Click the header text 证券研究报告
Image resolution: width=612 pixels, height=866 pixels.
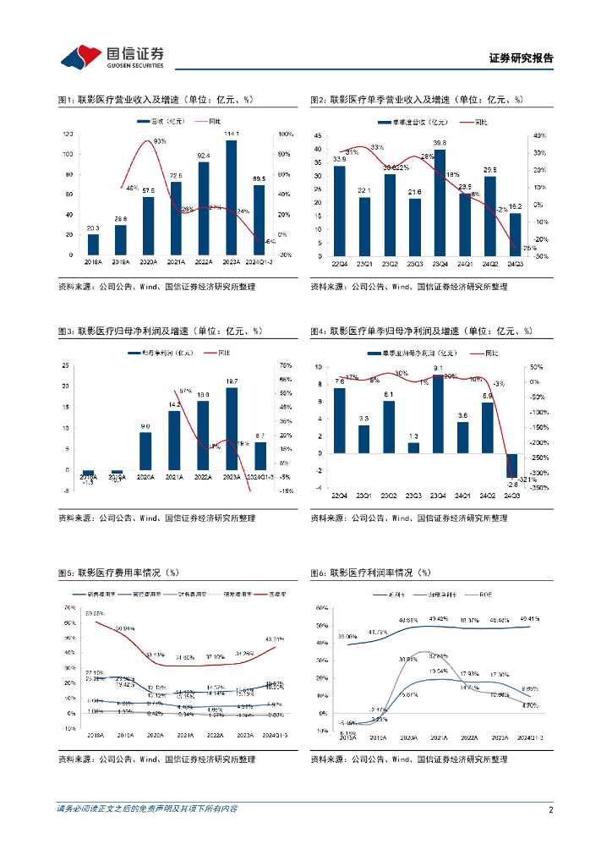coord(522,58)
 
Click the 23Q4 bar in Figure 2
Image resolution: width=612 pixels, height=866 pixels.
coord(440,203)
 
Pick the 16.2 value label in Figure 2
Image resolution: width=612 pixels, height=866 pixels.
coord(514,206)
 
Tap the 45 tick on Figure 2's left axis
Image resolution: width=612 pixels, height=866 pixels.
coord(317,135)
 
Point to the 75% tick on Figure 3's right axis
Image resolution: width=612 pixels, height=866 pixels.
coord(285,366)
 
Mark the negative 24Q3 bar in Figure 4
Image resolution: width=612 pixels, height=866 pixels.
coord(511,465)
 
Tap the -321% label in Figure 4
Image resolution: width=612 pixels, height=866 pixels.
coord(527,480)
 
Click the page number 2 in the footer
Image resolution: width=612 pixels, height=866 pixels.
coord(550,809)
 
